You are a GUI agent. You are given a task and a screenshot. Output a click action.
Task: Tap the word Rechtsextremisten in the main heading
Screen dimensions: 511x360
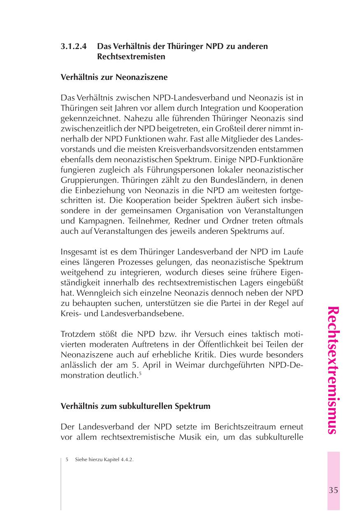pyautogui.click(x=131, y=56)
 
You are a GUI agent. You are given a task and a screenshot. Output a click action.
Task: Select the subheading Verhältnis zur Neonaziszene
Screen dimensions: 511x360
pyautogui.click(x=114, y=77)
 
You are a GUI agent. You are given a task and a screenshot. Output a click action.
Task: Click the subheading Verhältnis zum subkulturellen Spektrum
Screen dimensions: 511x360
pyautogui.click(x=135, y=406)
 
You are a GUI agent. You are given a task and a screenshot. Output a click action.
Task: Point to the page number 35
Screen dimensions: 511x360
pyautogui.click(x=333, y=490)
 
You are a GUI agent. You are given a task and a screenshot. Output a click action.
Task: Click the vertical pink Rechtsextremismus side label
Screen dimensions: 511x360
pyautogui.click(x=333, y=370)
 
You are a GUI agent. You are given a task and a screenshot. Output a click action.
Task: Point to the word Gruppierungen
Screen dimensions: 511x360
pyautogui.click(x=87, y=180)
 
